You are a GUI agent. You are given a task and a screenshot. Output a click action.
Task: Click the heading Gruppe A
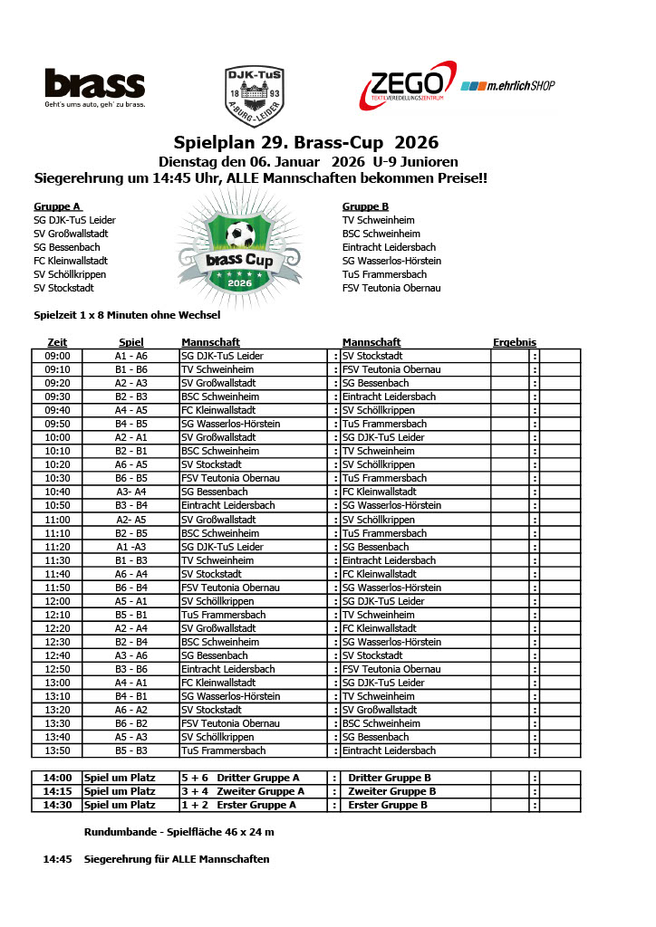coord(57,206)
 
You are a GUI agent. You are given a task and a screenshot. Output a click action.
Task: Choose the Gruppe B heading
coord(365,206)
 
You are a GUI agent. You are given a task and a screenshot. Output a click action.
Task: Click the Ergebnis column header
coord(515,342)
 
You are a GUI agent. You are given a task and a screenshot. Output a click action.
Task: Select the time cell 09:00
coord(58,356)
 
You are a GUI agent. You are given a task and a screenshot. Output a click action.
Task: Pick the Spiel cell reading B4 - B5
coord(131,424)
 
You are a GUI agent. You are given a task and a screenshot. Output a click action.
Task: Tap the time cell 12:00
coord(58,601)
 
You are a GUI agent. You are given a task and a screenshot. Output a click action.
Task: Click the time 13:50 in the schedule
coord(58,750)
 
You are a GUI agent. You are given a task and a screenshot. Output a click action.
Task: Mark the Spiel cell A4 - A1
coord(131,683)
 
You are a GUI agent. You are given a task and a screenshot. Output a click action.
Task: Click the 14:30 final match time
coord(56,805)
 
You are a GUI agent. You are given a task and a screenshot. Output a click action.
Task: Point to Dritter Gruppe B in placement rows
coord(390,778)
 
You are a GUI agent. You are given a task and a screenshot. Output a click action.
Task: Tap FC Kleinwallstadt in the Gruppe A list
coord(72,261)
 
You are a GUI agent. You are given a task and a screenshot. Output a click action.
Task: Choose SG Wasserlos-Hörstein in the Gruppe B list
coord(391,261)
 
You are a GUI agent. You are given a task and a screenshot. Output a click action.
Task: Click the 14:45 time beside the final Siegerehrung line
coord(56,859)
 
